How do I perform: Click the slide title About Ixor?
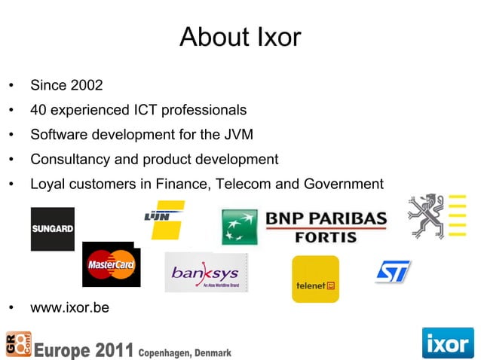[240, 37]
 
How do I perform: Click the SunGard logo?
[52, 228]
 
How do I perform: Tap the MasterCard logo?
[111, 264]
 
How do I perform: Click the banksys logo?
[207, 272]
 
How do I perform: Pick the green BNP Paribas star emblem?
[240, 227]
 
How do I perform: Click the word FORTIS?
[326, 236]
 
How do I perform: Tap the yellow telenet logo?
[315, 279]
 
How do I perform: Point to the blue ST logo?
[393, 271]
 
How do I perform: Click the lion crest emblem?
[427, 216]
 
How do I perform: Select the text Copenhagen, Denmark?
[185, 352]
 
